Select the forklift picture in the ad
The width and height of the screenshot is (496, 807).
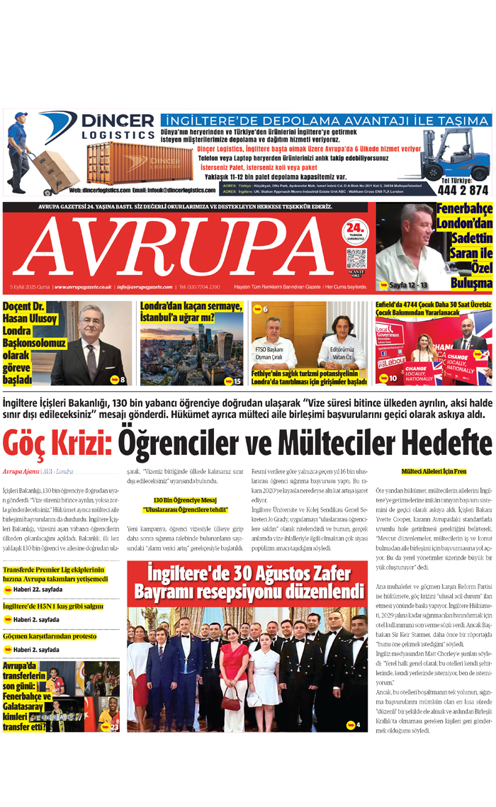(453, 155)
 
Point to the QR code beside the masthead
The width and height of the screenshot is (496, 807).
(356, 258)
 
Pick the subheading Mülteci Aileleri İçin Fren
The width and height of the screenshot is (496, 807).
(433, 470)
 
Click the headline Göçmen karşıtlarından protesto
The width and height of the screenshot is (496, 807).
(50, 637)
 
